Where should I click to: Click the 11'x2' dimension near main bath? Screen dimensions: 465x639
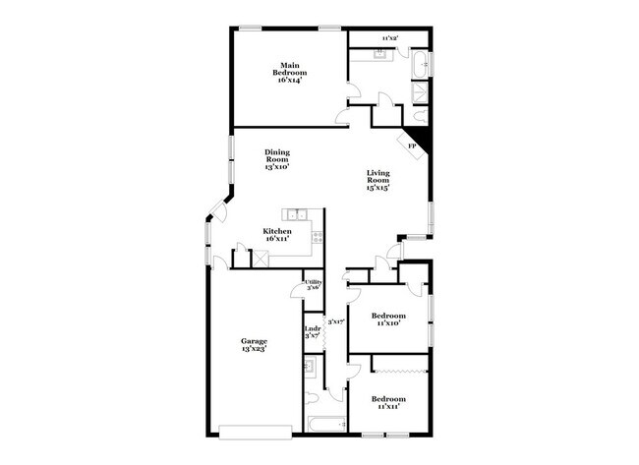(x=389, y=38)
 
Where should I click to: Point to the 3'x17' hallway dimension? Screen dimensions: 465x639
(x=334, y=320)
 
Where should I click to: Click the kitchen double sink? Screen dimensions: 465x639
(x=296, y=213)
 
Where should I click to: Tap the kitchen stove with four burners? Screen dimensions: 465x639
(x=318, y=233)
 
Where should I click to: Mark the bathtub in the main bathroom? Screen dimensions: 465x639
(x=423, y=64)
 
